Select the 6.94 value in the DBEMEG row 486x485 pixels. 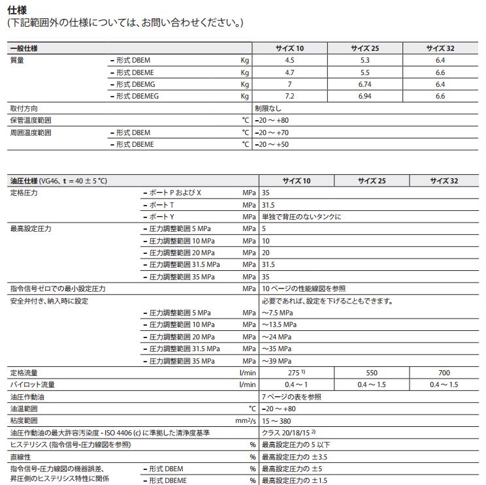(x=364, y=96)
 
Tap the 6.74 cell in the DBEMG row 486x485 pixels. (x=364, y=84)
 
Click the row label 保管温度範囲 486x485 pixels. (x=30, y=121)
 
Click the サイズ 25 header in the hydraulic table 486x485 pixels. (x=372, y=181)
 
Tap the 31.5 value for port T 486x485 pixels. (x=268, y=205)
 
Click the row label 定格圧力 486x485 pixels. (x=24, y=193)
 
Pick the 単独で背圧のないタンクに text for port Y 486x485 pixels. (x=302, y=217)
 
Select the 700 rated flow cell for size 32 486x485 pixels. (x=444, y=373)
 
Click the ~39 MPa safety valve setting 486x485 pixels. (x=277, y=361)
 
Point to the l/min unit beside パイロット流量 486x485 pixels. (x=248, y=384)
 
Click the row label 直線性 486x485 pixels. (x=20, y=457)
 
